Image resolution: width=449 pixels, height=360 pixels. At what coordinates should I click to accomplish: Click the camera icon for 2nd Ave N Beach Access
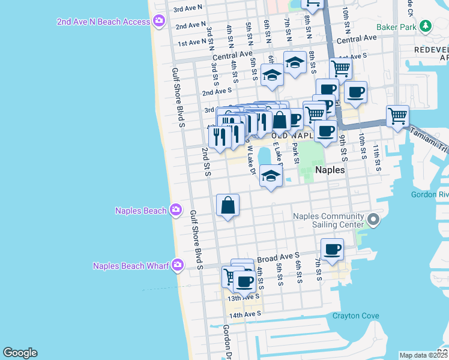pyautogui.click(x=159, y=22)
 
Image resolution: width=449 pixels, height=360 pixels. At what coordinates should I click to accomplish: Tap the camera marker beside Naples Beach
pyautogui.click(x=175, y=210)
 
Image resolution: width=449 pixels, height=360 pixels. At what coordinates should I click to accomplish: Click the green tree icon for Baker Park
pyautogui.click(x=426, y=26)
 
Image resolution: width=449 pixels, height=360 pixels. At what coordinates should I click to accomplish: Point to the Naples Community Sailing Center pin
pyautogui.click(x=374, y=220)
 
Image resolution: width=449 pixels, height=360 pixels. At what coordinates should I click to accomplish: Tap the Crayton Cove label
pyautogui.click(x=357, y=316)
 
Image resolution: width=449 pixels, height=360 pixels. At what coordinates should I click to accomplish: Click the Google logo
pyautogui.click(x=20, y=353)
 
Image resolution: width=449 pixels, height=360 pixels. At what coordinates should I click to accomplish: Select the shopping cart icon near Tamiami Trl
pyautogui.click(x=397, y=115)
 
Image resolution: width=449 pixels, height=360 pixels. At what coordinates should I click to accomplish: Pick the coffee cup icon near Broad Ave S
pyautogui.click(x=332, y=249)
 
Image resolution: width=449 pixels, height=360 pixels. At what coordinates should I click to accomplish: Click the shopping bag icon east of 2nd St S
pyautogui.click(x=228, y=205)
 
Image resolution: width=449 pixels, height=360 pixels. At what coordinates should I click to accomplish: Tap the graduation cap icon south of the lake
pyautogui.click(x=271, y=176)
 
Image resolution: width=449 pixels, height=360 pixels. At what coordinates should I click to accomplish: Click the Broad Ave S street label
pyautogui.click(x=278, y=259)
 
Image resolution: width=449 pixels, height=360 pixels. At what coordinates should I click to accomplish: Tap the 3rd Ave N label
pyautogui.click(x=187, y=9)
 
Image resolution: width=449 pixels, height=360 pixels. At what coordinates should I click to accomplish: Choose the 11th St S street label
pyautogui.click(x=376, y=158)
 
